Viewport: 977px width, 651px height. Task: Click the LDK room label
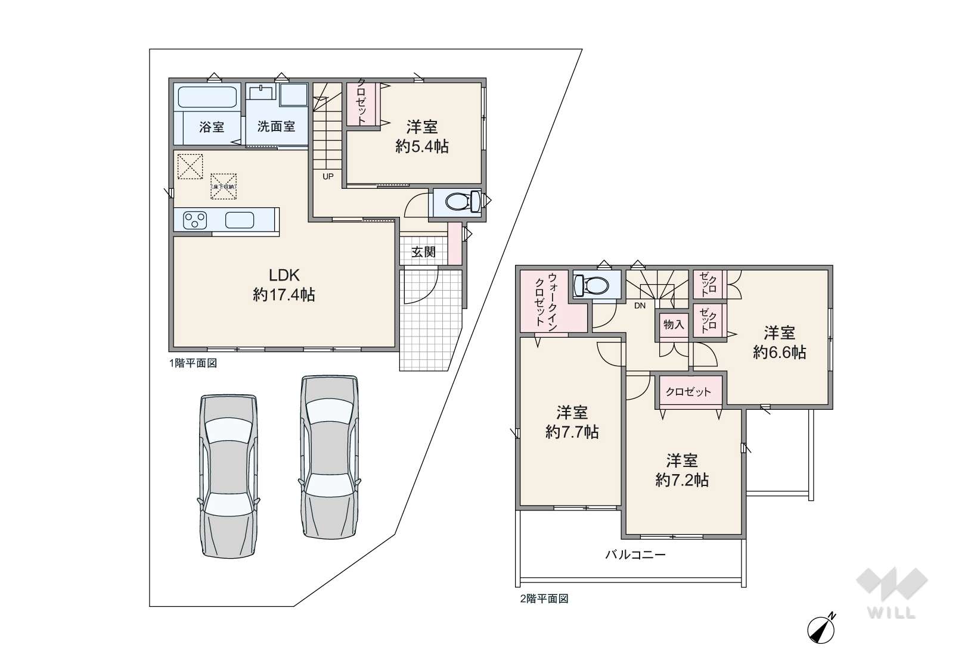(x=284, y=275)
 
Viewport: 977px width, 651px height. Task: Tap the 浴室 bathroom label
(x=212, y=127)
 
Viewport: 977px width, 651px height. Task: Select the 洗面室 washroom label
(x=276, y=126)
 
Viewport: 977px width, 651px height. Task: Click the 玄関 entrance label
(x=423, y=252)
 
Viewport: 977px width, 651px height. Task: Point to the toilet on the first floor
(x=463, y=202)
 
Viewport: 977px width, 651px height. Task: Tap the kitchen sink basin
(x=240, y=220)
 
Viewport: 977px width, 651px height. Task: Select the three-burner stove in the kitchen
(x=194, y=220)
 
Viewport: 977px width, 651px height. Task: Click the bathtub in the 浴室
(x=207, y=96)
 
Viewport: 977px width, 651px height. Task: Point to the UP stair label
(x=328, y=176)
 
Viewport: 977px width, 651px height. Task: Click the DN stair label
(x=640, y=306)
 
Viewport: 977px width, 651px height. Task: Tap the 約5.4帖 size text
(x=422, y=147)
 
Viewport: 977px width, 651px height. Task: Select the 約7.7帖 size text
(x=572, y=432)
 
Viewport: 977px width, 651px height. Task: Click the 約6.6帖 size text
(x=779, y=352)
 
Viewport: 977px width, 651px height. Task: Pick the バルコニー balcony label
(x=635, y=555)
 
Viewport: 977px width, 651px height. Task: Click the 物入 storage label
(x=674, y=324)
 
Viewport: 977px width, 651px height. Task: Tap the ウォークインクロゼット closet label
(x=546, y=301)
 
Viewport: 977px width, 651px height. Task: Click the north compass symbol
(x=821, y=629)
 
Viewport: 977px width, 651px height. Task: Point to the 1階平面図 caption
(x=193, y=363)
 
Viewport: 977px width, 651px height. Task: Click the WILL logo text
(x=892, y=613)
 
